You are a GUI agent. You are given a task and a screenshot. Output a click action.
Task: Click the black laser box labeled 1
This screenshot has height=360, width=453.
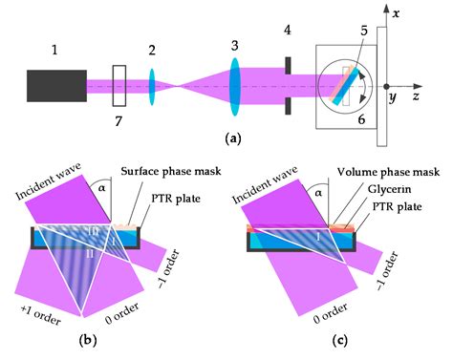56,86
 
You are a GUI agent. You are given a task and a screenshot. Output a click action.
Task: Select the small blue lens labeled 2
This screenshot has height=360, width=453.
151,86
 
